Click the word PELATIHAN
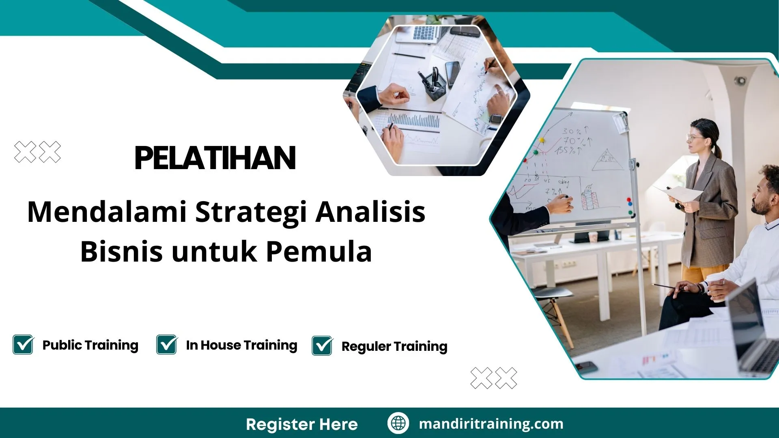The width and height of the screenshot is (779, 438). click(x=215, y=158)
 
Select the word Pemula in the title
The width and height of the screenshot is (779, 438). click(x=319, y=251)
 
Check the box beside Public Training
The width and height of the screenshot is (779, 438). click(x=23, y=345)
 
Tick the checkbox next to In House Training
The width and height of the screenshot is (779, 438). click(x=167, y=345)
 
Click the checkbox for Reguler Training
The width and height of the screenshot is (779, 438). click(x=322, y=346)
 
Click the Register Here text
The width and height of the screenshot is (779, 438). click(x=302, y=424)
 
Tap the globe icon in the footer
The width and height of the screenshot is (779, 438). click(x=398, y=423)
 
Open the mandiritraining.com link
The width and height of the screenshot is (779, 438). click(x=491, y=424)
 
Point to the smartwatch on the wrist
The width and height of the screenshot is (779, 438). click(x=496, y=119)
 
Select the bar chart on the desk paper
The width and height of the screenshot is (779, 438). click(x=414, y=121)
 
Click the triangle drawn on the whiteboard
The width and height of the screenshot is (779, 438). click(x=607, y=160)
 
